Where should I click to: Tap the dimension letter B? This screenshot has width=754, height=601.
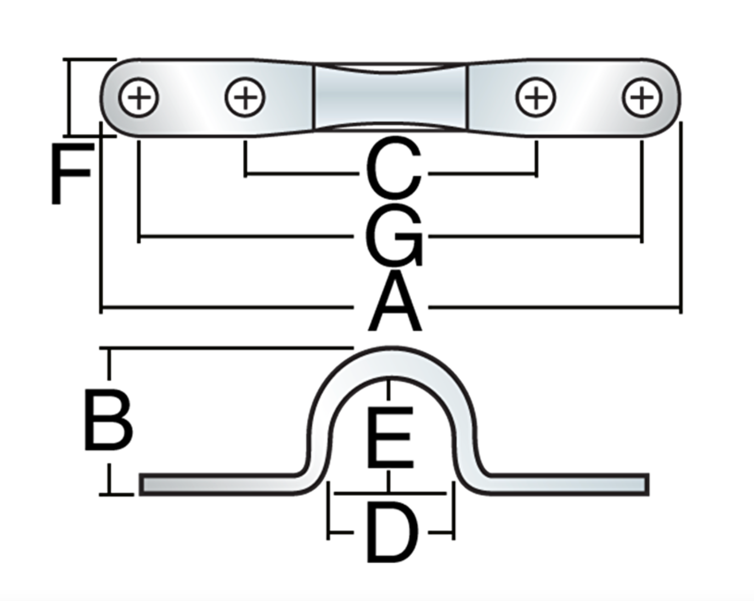(x=108, y=419)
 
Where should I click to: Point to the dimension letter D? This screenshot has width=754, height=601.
(x=391, y=533)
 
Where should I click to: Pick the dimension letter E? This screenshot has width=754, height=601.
(x=390, y=437)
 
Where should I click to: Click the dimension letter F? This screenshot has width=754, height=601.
(x=70, y=173)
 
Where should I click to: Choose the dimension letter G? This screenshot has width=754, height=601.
(x=393, y=236)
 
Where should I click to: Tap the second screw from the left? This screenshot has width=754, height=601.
(x=245, y=99)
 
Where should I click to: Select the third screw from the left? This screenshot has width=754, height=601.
(x=536, y=99)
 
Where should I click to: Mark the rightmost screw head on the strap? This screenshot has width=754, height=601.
(x=642, y=99)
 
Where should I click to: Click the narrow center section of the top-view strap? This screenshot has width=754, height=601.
(x=389, y=97)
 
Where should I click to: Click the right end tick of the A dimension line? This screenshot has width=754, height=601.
(x=680, y=307)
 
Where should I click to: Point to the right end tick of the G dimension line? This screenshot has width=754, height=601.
(x=641, y=237)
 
